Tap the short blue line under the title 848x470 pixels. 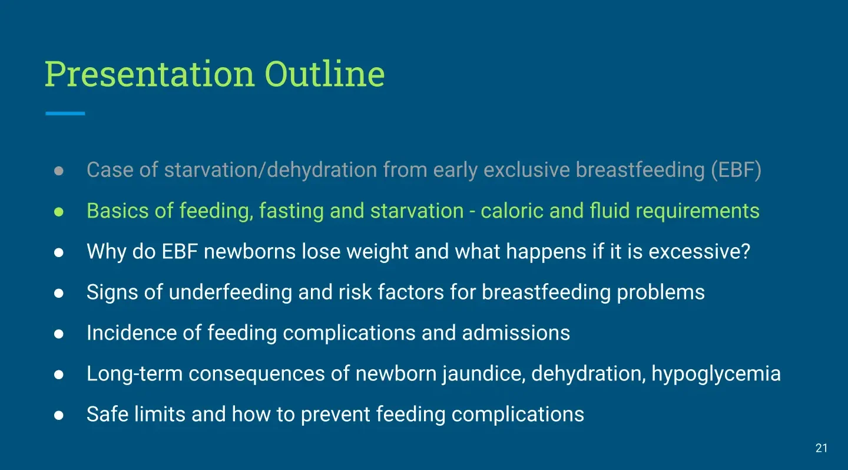(x=65, y=113)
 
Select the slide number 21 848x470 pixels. (x=821, y=448)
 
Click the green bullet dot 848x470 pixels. (x=59, y=212)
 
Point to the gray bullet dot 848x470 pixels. (x=59, y=170)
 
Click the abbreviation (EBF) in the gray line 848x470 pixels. (x=736, y=170)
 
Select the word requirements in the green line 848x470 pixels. (x=697, y=211)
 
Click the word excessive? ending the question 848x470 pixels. (x=699, y=251)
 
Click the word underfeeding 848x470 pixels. (x=230, y=292)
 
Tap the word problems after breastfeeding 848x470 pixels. (x=661, y=292)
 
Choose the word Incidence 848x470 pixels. (x=132, y=333)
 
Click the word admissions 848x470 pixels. (x=516, y=333)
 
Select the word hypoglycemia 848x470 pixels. (x=716, y=374)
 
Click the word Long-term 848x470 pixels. (x=135, y=374)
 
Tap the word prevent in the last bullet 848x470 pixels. (x=336, y=415)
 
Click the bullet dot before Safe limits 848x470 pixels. (x=59, y=415)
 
